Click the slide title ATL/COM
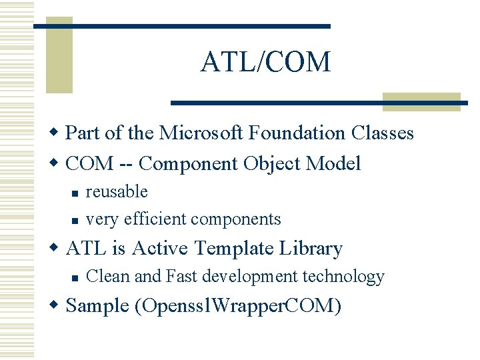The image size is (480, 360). (x=265, y=62)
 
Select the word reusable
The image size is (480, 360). (x=117, y=192)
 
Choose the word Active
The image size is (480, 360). (x=160, y=249)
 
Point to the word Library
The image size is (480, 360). (x=311, y=249)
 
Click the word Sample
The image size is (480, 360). (x=97, y=307)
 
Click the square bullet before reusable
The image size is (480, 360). (x=75, y=193)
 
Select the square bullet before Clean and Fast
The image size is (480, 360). (x=75, y=277)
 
